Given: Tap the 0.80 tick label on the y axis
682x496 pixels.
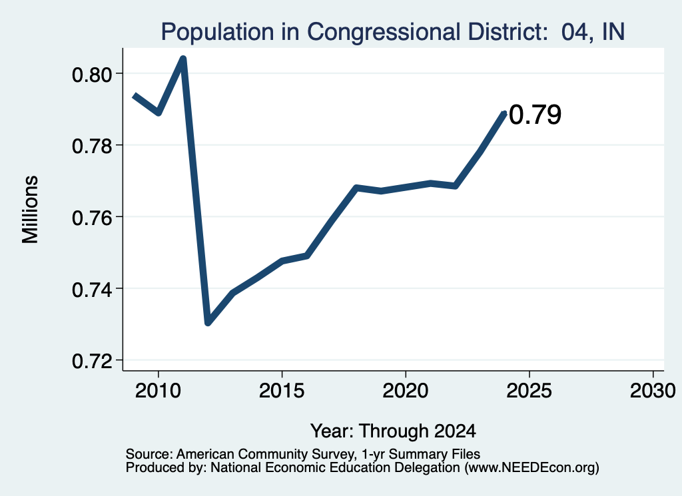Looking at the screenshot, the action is click(x=92, y=75).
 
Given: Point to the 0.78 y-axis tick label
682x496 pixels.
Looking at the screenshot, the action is click(x=92, y=146).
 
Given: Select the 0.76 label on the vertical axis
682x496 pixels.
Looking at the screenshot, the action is click(x=92, y=218).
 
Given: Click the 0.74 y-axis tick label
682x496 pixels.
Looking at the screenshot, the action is click(x=92, y=290).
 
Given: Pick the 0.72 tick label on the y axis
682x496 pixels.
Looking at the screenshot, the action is click(x=92, y=362).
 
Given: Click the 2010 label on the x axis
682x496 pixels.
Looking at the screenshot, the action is click(x=158, y=391).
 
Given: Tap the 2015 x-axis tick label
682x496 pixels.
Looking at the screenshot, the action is click(x=282, y=391).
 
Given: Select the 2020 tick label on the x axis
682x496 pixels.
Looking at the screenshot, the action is click(x=406, y=391).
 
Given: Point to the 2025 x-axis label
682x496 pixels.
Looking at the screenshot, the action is click(x=529, y=391).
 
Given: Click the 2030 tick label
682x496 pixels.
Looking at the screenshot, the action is click(x=653, y=391).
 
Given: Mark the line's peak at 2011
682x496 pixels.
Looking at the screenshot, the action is click(x=183, y=59).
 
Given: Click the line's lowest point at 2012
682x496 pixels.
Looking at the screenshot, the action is click(x=208, y=322).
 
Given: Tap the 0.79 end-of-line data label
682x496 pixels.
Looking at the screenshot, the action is click(x=535, y=115).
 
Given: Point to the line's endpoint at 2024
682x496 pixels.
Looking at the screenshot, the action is click(x=505, y=113).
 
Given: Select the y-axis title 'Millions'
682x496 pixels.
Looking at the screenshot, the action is click(x=31, y=209).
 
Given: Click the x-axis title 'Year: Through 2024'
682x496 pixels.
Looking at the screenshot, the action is click(x=393, y=431).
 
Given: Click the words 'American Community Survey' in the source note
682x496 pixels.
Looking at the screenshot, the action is click(x=265, y=454).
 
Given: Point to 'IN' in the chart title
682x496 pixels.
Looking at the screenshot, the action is click(x=613, y=32).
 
